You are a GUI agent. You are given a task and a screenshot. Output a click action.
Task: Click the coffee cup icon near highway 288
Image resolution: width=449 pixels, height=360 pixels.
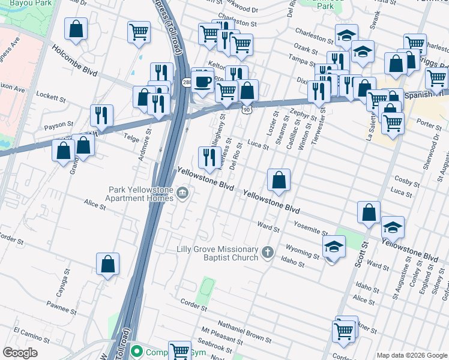tap(203, 80)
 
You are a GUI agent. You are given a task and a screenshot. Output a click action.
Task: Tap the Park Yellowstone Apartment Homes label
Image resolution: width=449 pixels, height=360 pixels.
tap(139, 194)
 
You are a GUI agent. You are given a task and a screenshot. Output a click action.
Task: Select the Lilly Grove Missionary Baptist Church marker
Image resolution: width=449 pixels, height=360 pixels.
tap(268, 253)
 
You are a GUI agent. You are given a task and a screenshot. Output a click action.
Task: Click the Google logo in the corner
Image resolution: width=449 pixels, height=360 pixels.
tap(20, 353)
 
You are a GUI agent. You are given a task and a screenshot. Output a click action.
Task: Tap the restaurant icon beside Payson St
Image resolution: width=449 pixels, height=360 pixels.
tap(102, 115)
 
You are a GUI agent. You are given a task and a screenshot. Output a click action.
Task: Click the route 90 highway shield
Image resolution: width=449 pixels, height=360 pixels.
tap(247, 110)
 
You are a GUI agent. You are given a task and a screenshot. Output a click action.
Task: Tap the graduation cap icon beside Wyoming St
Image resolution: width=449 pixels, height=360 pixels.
tap(334, 246)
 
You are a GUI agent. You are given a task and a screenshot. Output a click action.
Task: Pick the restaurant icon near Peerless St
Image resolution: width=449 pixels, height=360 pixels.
tap(209, 158)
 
